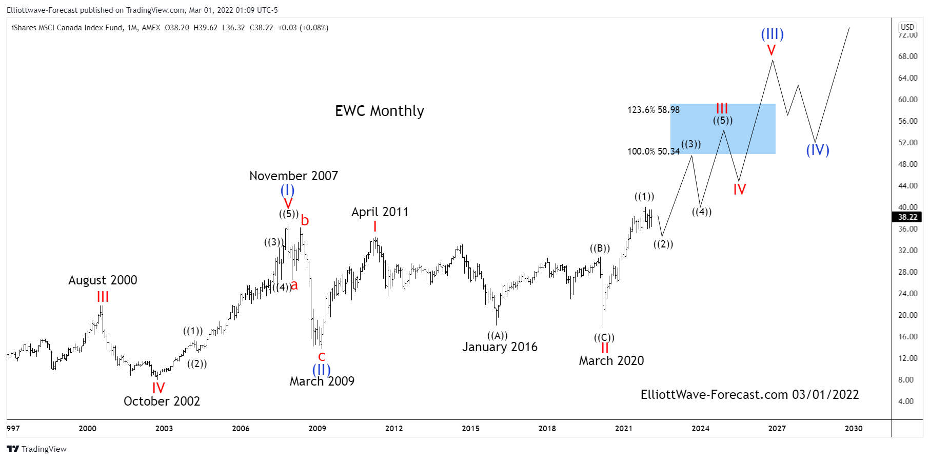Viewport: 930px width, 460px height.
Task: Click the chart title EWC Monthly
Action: click(379, 111)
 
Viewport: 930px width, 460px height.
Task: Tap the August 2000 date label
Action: click(103, 280)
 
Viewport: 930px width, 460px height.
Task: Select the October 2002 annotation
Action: click(162, 401)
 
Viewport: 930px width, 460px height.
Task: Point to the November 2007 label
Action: click(293, 176)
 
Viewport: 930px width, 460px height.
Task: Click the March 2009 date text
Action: click(322, 381)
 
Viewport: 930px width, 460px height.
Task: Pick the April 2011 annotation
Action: click(380, 212)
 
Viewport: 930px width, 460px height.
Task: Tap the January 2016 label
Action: click(500, 347)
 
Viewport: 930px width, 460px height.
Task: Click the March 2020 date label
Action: click(611, 361)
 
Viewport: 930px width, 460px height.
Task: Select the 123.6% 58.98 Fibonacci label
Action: click(653, 110)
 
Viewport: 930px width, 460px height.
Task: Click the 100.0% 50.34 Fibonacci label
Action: click(653, 151)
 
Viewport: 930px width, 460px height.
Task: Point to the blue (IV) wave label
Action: click(817, 150)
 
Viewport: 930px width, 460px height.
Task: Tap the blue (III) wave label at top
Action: click(772, 34)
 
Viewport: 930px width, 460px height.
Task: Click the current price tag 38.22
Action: click(907, 217)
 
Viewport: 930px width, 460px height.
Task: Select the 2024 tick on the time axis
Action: click(700, 429)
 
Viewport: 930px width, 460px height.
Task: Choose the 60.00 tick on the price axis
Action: click(907, 100)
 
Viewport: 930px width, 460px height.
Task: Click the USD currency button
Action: click(907, 27)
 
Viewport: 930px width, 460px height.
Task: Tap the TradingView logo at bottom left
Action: click(36, 449)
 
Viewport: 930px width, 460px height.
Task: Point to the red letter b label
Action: click(305, 221)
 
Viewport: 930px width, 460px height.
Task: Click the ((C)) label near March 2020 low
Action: click(604, 337)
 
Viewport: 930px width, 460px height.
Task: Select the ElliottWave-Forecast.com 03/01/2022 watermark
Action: click(749, 395)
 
